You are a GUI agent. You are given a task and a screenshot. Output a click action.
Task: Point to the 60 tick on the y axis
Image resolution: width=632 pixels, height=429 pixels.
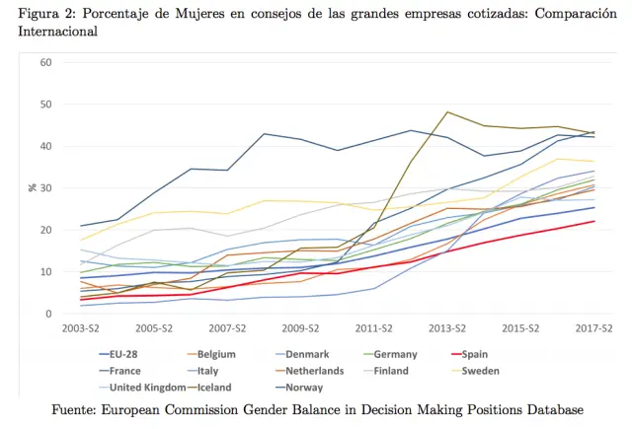[45, 62]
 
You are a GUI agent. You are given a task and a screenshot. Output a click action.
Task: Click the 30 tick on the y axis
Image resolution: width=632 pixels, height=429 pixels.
[45, 188]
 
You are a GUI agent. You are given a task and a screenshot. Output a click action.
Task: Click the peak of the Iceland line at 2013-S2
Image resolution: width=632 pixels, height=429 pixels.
[448, 111]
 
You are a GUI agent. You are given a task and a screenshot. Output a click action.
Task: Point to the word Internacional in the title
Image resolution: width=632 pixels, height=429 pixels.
[57, 32]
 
